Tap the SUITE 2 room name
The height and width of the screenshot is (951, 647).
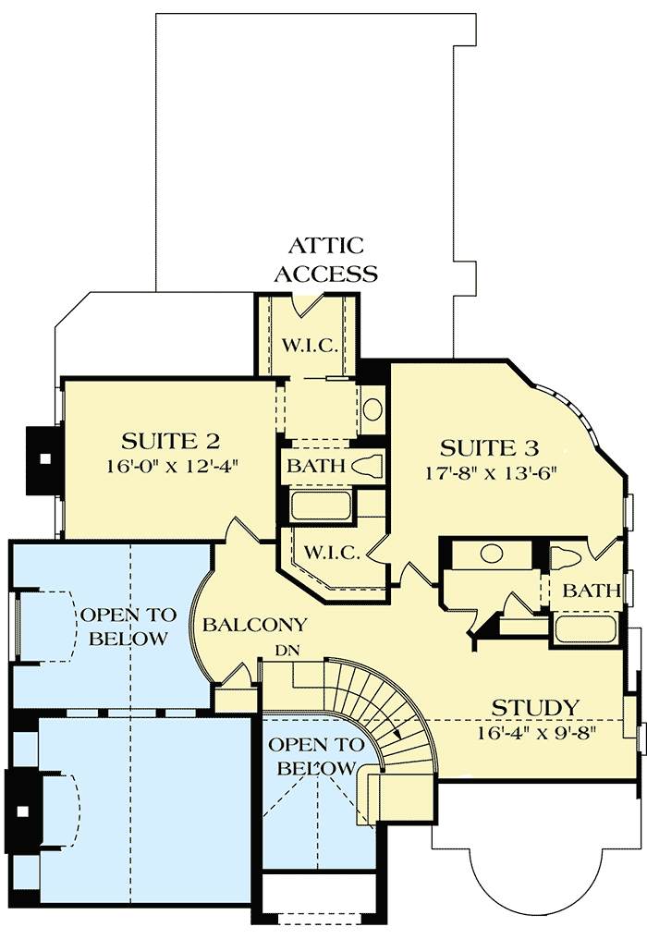tap(171, 441)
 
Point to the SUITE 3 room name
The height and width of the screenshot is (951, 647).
tap(489, 449)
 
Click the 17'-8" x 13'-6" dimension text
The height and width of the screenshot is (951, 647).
tap(490, 473)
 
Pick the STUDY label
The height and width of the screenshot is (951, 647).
tap(535, 708)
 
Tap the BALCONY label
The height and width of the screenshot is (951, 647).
tap(255, 626)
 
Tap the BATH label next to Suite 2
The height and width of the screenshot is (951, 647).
tap(315, 466)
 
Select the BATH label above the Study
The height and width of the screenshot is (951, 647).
tap(592, 591)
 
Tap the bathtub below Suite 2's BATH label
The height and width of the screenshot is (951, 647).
tap(321, 506)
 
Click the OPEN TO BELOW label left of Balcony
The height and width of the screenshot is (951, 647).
tap(124, 627)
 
